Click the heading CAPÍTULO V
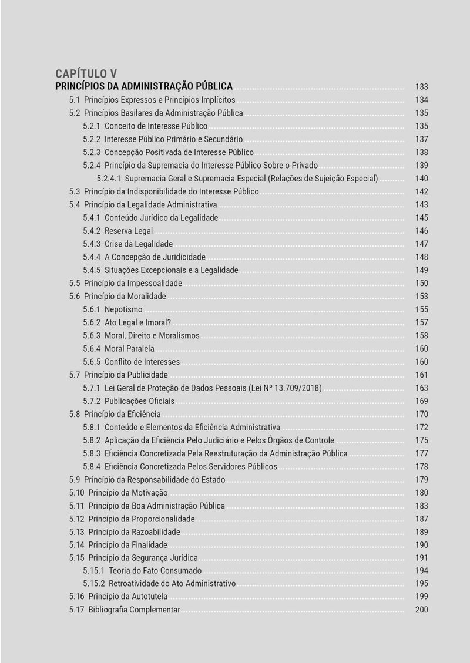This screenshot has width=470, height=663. point(86,73)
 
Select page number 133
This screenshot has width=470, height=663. point(421,86)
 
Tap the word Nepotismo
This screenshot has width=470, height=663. point(123,309)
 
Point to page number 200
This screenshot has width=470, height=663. point(421,610)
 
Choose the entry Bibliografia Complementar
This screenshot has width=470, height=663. point(134,610)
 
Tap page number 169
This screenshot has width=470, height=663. point(421,402)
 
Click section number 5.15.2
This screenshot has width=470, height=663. point(94,584)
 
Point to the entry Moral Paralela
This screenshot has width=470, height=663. point(129,349)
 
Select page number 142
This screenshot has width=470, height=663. point(421,191)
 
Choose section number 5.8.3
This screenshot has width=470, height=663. point(92,454)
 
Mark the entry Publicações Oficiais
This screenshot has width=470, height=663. point(139,402)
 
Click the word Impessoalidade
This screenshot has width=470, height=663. point(155,283)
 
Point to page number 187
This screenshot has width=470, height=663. point(421,519)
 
